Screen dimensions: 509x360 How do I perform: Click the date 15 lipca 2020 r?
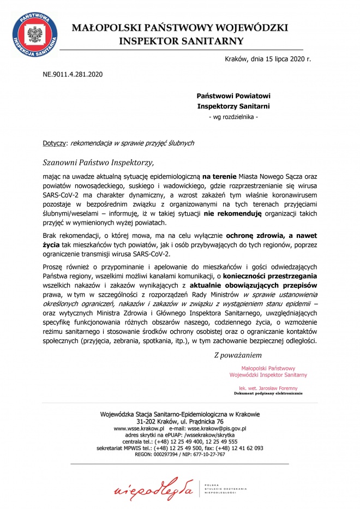[x=284, y=58]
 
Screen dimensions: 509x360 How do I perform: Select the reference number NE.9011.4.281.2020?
[x=73, y=73]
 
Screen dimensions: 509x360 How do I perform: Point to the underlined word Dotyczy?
[x=53, y=143]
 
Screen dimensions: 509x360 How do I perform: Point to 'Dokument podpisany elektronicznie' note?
[x=268, y=393]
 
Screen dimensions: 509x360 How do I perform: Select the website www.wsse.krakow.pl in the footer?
[x=139, y=429]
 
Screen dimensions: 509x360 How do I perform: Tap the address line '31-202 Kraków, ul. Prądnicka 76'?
[x=180, y=422]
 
